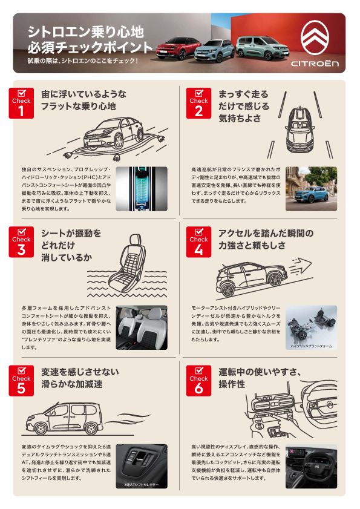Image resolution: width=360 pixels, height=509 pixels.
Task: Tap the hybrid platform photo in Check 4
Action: (311, 327)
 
